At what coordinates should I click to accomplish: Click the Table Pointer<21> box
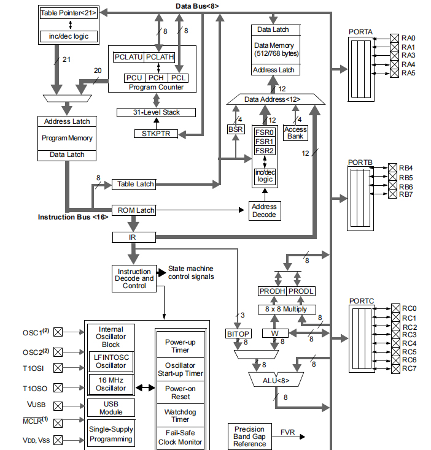(68, 12)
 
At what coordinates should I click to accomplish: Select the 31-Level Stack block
(157, 112)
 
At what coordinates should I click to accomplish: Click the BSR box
(235, 130)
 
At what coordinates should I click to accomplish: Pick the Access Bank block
(295, 132)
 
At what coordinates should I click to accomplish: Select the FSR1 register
(265, 142)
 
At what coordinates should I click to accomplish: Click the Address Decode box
(265, 211)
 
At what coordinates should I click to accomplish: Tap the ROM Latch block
(133, 210)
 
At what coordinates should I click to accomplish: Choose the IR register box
(133, 237)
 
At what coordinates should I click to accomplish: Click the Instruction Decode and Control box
(134, 278)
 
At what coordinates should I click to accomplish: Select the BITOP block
(237, 334)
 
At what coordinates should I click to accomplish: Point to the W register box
(274, 334)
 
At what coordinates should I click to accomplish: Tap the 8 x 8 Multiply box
(286, 310)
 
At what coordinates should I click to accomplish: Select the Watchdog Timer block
(180, 416)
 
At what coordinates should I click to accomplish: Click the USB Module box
(111, 408)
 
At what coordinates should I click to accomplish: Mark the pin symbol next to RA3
(394, 55)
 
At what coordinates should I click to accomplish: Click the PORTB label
(360, 162)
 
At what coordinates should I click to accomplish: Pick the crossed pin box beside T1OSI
(58, 367)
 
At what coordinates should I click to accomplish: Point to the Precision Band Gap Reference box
(249, 436)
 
